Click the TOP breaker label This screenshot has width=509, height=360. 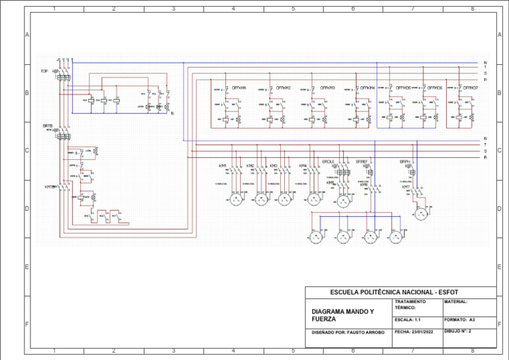[x=44, y=71]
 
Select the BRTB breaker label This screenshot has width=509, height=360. [x=47, y=125]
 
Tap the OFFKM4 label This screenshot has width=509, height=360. [x=368, y=88]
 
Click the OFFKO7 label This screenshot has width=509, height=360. [x=471, y=88]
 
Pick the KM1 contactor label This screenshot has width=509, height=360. [x=223, y=166]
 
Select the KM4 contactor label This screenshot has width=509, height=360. [x=302, y=166]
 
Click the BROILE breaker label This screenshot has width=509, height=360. [x=328, y=161]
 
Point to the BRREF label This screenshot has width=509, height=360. [x=362, y=161]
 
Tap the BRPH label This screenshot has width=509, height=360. [x=405, y=161]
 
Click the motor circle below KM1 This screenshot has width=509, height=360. [x=235, y=200]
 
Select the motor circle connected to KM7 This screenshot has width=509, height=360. [x=421, y=213]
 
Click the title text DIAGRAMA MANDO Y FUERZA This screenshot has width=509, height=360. [x=343, y=315]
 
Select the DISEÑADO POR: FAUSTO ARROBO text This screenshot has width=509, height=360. [x=347, y=331]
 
